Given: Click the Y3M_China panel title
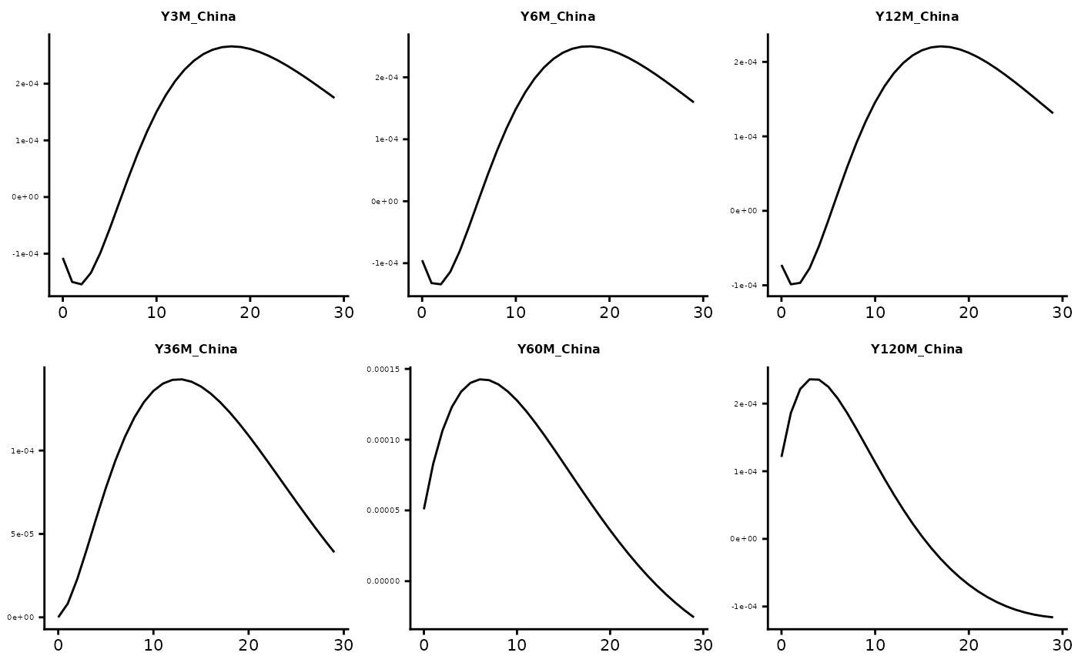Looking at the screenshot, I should click(x=199, y=17).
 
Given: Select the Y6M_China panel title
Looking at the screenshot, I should click(x=557, y=17).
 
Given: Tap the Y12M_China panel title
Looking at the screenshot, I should click(x=917, y=17).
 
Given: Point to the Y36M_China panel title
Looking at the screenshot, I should click(x=196, y=350).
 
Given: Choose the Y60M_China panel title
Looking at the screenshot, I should click(x=558, y=350).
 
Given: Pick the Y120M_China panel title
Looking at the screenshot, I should click(x=916, y=350).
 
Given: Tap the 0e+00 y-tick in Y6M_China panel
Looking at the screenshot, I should click(x=384, y=202).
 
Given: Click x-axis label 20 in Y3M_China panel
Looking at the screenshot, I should click(x=250, y=312).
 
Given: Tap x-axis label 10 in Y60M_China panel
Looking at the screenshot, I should click(x=517, y=644).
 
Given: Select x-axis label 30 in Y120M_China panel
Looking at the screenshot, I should click(x=1062, y=644).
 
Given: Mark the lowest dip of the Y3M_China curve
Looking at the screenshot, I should click(x=82, y=284).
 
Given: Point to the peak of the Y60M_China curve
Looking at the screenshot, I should click(x=480, y=379).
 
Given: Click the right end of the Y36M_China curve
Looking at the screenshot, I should click(x=334, y=551).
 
